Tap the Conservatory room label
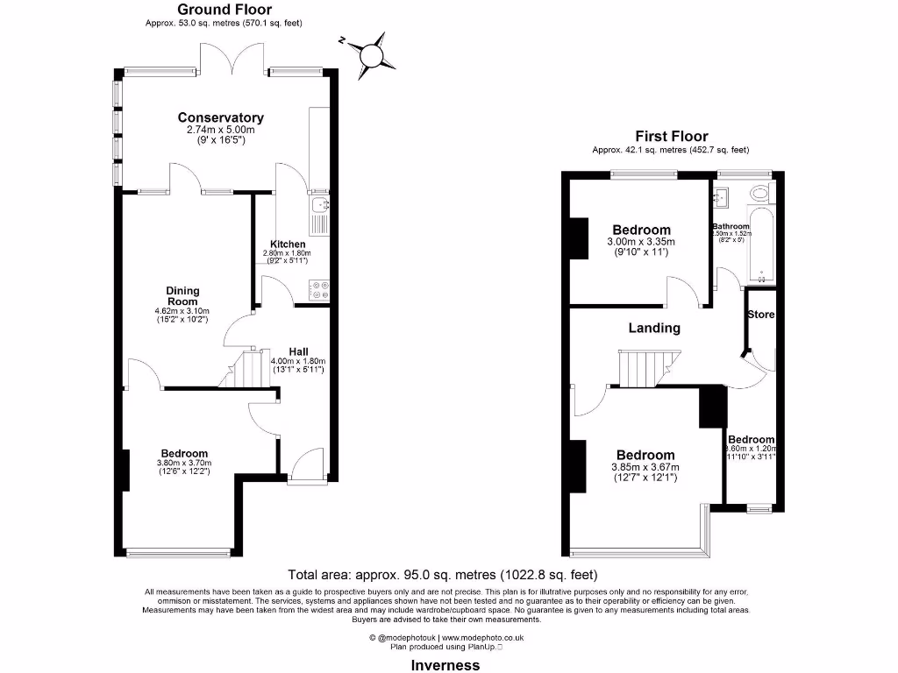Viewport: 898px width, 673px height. click(220, 117)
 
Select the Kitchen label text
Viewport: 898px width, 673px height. click(288, 244)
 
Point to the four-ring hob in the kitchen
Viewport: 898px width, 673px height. click(319, 289)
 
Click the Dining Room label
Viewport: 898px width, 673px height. click(183, 296)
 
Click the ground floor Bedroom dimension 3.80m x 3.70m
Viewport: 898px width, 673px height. click(183, 464)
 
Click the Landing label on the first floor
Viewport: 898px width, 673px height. click(654, 328)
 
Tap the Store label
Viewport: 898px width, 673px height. click(760, 314)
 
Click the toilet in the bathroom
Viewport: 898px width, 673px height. click(759, 193)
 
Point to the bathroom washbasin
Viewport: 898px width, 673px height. click(724, 196)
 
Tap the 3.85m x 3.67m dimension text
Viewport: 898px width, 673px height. click(645, 467)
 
